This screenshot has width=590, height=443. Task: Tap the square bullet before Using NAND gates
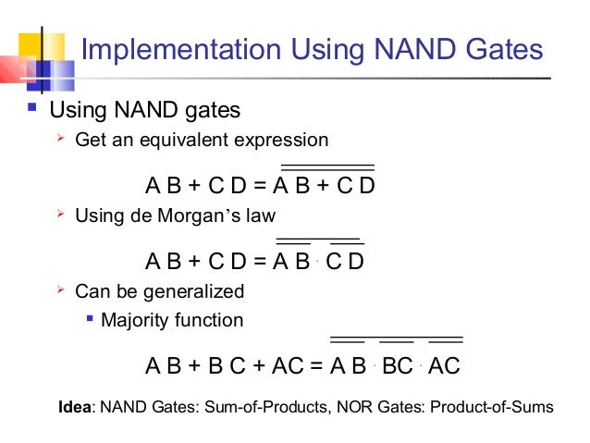pyautogui.click(x=32, y=109)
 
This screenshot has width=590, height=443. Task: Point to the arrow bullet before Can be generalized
pyautogui.click(x=60, y=291)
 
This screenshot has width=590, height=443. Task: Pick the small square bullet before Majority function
pyautogui.click(x=90, y=320)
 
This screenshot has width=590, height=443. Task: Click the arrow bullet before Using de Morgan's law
pyautogui.click(x=60, y=215)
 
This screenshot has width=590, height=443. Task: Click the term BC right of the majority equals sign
pyautogui.click(x=397, y=366)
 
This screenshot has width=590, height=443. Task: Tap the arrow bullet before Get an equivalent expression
pyautogui.click(x=60, y=140)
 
